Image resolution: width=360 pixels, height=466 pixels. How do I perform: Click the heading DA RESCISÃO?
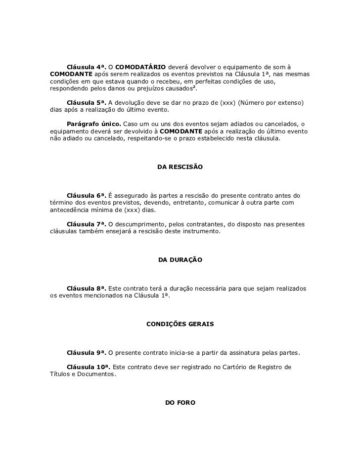[x=180, y=168]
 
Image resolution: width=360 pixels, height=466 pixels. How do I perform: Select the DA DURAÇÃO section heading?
[x=180, y=259]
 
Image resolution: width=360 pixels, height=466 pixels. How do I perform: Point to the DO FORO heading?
[x=180, y=403]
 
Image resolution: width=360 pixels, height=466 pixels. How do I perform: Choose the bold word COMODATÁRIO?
[x=140, y=67]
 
